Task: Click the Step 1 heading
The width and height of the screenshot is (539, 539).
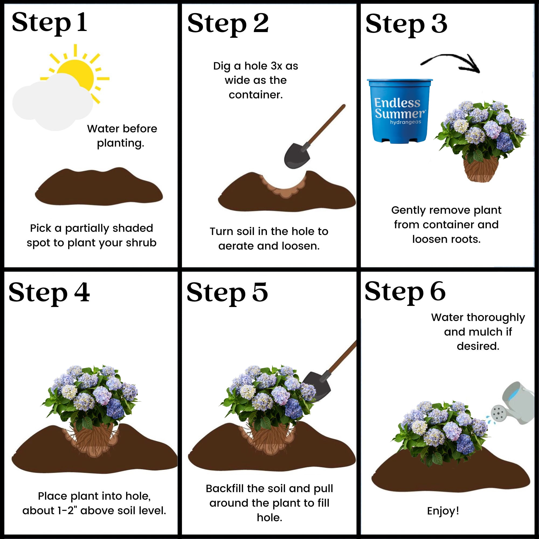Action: (49, 23)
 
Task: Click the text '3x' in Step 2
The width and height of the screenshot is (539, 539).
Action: (277, 66)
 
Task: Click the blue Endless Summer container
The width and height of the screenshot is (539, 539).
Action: (399, 112)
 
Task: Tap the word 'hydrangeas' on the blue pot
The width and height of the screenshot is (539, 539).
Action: (405, 122)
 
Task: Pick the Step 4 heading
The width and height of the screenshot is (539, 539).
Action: (49, 292)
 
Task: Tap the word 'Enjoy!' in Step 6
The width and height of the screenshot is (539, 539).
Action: (443, 511)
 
